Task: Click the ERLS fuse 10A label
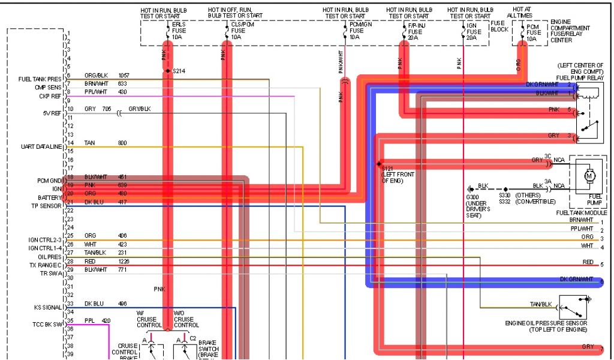(178, 31)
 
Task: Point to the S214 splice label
(179, 71)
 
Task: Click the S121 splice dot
(379, 163)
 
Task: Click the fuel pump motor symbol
(588, 175)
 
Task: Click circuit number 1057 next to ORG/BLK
(124, 76)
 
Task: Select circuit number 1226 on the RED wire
(124, 262)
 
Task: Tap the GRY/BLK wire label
(140, 110)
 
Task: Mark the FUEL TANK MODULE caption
(581, 213)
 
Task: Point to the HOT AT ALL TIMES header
(519, 13)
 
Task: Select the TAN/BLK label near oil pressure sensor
(540, 304)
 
